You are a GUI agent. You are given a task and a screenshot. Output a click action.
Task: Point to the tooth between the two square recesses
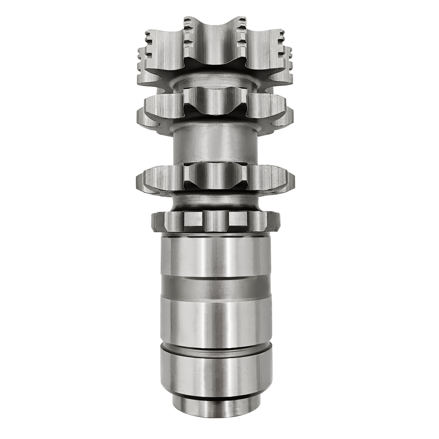tap(215, 219)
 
